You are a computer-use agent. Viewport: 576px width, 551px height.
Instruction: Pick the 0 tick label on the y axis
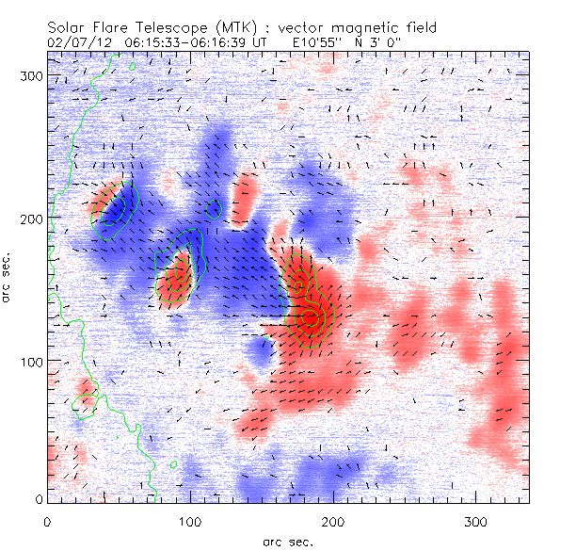(x=39, y=499)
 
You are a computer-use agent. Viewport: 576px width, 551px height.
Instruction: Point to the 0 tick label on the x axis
(x=47, y=521)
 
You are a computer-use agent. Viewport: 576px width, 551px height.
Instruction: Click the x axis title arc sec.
(x=288, y=542)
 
